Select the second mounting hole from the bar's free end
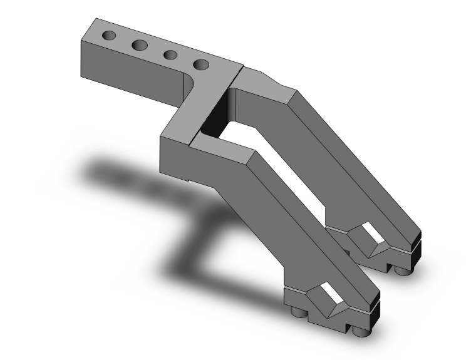coord(140,44)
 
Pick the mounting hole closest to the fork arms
coord(200,64)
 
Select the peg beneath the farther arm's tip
coord(402,270)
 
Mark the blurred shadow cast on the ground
coord(188,250)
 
